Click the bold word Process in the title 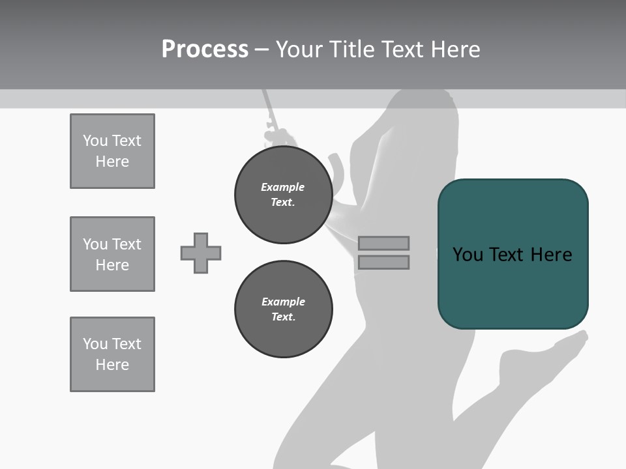[205, 50]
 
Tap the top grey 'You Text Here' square [112, 151]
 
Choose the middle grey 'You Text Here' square [112, 254]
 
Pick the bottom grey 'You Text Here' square [112, 354]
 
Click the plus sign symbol [201, 253]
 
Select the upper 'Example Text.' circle [283, 195]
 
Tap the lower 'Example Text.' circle [283, 309]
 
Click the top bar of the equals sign [383, 243]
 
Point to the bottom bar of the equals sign [383, 263]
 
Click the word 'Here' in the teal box [551, 255]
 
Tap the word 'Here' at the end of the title [454, 50]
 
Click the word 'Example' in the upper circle [283, 187]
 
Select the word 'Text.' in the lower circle [283, 317]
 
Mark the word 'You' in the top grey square [95, 141]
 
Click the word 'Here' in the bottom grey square [112, 365]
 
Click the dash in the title [262, 50]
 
